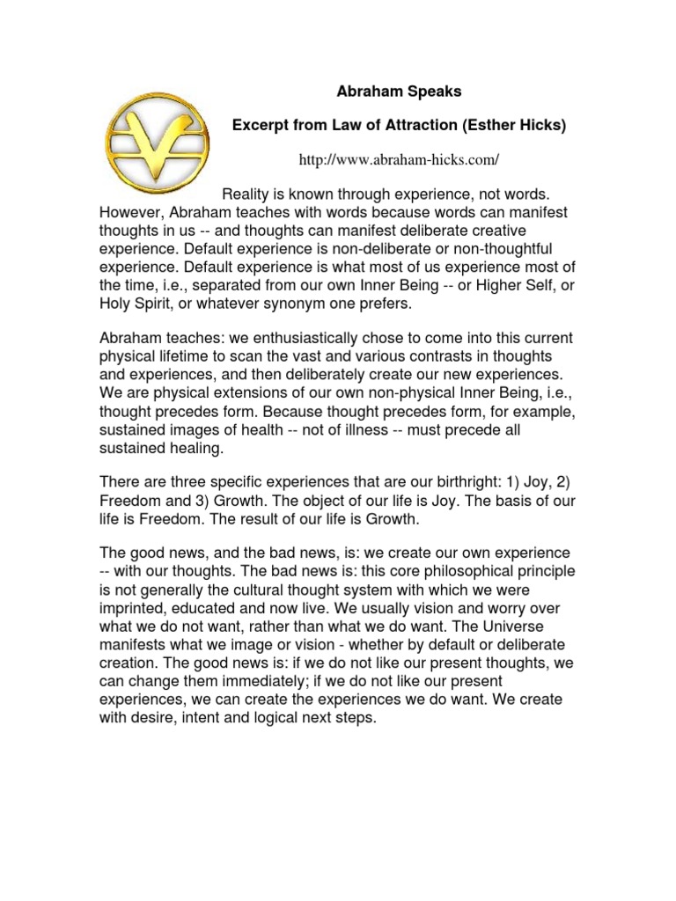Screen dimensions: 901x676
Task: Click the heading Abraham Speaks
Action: [x=399, y=90]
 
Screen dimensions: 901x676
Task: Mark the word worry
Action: [x=522, y=608]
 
